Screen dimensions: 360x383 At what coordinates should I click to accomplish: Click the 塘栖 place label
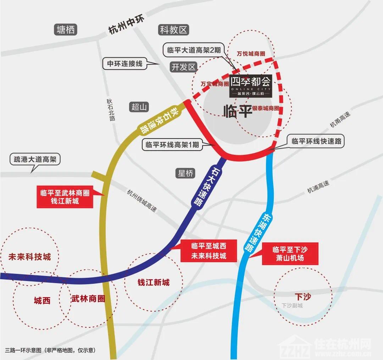pyautogui.click(x=66, y=30)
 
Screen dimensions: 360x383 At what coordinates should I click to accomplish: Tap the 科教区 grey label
pyautogui.click(x=173, y=30)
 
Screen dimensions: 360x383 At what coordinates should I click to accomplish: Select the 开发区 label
pyautogui.click(x=183, y=67)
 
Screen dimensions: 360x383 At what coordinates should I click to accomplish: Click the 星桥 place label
pyautogui.click(x=185, y=173)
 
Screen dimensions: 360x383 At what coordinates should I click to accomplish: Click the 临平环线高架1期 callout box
pyautogui.click(x=172, y=145)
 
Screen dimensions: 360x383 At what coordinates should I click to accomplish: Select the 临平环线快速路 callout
pyautogui.click(x=316, y=141)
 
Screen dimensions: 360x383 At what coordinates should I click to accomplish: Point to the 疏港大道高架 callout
pyautogui.click(x=35, y=159)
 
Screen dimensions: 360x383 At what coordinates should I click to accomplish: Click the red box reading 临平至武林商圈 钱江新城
pyautogui.click(x=65, y=197)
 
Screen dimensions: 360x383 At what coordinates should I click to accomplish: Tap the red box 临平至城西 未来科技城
pyautogui.click(x=209, y=251)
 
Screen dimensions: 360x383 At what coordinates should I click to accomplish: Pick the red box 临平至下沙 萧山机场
pyautogui.click(x=290, y=253)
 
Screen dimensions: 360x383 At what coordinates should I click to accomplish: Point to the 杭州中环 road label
pyautogui.click(x=126, y=26)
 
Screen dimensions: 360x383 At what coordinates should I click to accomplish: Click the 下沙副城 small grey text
pyautogui.click(x=292, y=305)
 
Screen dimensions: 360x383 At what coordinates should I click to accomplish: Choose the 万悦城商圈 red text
pyautogui.click(x=251, y=54)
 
